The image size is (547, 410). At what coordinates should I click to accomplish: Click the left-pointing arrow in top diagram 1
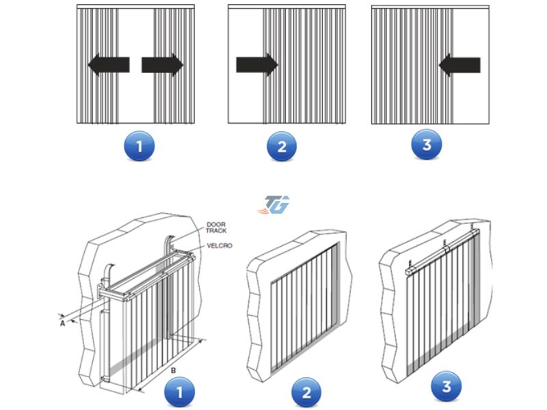pyautogui.click(x=109, y=65)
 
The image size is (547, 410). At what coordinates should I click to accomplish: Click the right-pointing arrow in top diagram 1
pyautogui.click(x=163, y=65)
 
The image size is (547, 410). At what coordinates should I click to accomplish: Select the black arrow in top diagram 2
pyautogui.click(x=257, y=65)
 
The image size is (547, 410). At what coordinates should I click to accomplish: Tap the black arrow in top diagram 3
pyautogui.click(x=459, y=65)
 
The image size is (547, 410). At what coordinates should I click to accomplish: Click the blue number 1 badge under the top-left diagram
pyautogui.click(x=139, y=146)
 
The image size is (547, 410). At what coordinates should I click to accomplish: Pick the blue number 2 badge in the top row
pyautogui.click(x=282, y=146)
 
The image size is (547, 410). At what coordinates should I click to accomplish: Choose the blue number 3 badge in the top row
pyautogui.click(x=427, y=144)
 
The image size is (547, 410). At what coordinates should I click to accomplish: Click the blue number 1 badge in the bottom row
pyautogui.click(x=179, y=392)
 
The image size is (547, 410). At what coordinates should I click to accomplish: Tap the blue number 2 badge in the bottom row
pyautogui.click(x=306, y=392)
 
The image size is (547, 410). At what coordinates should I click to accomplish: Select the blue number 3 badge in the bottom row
pyautogui.click(x=446, y=387)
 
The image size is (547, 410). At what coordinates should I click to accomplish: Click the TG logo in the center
pyautogui.click(x=274, y=204)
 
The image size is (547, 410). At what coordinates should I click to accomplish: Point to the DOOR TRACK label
pyautogui.click(x=216, y=228)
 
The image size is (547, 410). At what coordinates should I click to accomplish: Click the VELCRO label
pyautogui.click(x=219, y=246)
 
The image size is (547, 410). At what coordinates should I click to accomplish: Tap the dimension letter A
pyautogui.click(x=62, y=323)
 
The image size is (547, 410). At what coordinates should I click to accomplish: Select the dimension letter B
pyautogui.click(x=174, y=370)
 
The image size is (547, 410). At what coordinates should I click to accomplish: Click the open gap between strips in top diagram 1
pyautogui.click(x=136, y=66)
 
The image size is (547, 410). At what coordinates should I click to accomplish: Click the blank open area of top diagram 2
pyautogui.click(x=245, y=94)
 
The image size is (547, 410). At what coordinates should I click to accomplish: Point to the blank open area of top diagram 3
pyautogui.click(x=471, y=94)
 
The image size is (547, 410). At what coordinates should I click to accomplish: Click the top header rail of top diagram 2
pyautogui.click(x=286, y=7)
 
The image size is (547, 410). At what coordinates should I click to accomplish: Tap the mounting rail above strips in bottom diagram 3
pyautogui.click(x=442, y=250)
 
